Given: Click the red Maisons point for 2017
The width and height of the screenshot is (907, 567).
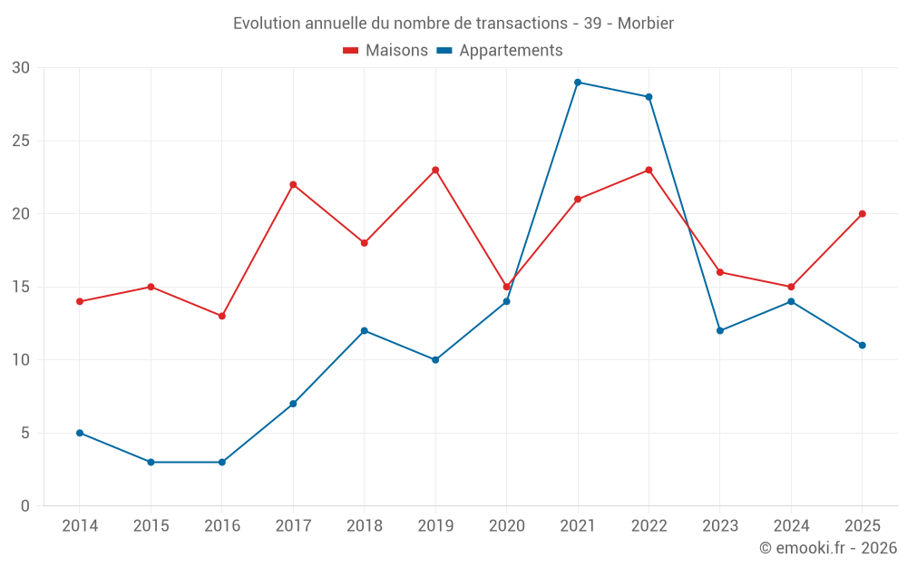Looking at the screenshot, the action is click(293, 184).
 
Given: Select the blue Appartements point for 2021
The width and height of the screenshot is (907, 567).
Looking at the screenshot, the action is click(578, 83).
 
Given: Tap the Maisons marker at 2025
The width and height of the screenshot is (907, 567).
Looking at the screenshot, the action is click(863, 214).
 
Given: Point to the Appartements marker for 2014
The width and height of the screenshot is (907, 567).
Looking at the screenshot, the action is click(80, 433).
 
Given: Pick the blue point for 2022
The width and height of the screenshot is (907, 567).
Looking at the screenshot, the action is click(649, 97).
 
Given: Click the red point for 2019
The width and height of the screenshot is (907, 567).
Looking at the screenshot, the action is click(435, 171).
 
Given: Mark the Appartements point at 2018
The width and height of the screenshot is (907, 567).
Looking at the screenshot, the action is click(365, 331).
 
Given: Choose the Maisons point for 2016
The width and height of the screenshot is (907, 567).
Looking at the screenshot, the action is click(222, 316).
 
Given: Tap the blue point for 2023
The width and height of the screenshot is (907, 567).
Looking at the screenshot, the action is click(720, 331).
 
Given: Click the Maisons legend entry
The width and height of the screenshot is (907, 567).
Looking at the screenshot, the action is click(385, 50).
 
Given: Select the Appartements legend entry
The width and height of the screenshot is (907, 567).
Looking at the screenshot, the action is click(499, 50).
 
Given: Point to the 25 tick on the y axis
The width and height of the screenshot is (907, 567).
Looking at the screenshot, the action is click(21, 141).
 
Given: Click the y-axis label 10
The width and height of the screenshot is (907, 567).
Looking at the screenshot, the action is click(21, 360).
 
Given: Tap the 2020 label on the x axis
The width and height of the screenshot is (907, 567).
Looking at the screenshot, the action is click(507, 525).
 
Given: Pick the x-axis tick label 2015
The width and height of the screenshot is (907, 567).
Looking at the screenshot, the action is click(151, 525).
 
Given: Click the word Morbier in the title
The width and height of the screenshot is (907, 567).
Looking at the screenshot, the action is click(646, 24).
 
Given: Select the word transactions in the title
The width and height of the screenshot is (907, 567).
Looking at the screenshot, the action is click(522, 24).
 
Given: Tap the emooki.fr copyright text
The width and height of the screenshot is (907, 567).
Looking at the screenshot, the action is click(828, 547).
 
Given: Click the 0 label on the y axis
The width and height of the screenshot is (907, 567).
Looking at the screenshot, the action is click(24, 505).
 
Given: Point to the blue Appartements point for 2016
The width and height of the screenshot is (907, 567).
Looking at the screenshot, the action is click(222, 463).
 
